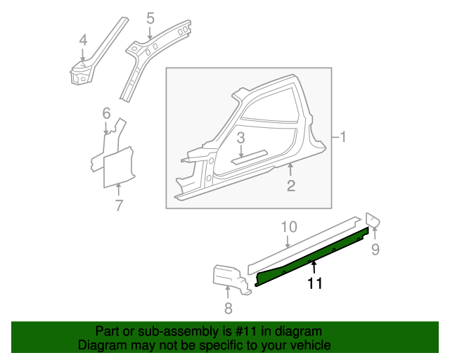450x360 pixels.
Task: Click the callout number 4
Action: click(x=83, y=40)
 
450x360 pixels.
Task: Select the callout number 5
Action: click(x=150, y=18)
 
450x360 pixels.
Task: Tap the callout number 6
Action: click(x=106, y=113)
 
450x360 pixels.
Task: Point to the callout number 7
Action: click(x=119, y=205)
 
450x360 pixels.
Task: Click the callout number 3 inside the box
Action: click(x=240, y=138)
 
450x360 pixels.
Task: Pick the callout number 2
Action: click(x=291, y=186)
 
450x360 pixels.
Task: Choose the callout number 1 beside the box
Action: click(x=342, y=136)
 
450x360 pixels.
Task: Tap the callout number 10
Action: click(x=289, y=227)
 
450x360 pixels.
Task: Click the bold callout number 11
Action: click(x=315, y=283)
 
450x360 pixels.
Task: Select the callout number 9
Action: click(x=375, y=249)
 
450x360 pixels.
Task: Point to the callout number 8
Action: click(x=228, y=309)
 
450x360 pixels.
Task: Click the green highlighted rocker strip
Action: click(x=311, y=257)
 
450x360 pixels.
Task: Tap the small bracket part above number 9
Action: click(x=373, y=220)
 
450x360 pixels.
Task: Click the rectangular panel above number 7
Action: click(x=118, y=167)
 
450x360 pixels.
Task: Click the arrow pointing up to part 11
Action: click(x=314, y=267)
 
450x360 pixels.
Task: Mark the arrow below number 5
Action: click(x=150, y=32)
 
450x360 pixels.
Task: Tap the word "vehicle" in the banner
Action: click(x=313, y=345)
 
